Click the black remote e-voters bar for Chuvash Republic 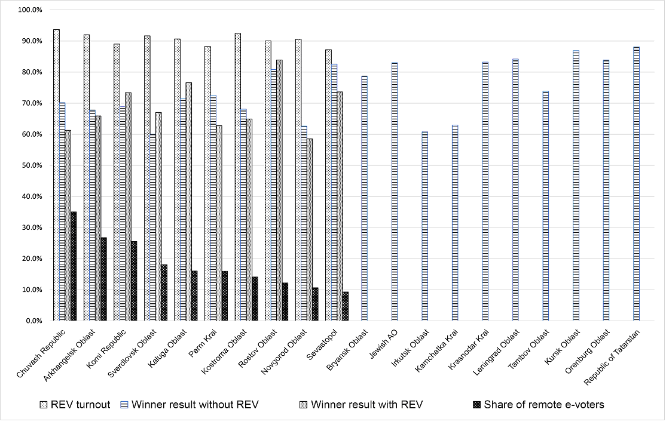pyautogui.click(x=74, y=266)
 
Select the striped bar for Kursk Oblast pyautogui.click(x=576, y=186)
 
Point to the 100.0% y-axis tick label pyautogui.click(x=29, y=10)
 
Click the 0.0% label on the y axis pyautogui.click(x=33, y=321)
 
